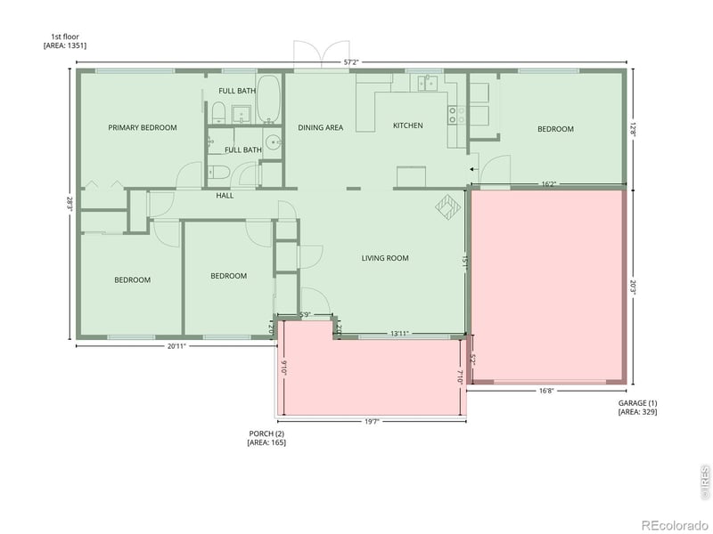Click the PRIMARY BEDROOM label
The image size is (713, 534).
coord(143,127)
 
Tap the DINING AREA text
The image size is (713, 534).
coord(321,127)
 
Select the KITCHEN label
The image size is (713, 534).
coord(408,125)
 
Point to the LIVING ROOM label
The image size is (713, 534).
coord(385,258)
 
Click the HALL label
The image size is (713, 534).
coord(225,195)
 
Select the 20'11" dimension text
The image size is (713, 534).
coord(176,345)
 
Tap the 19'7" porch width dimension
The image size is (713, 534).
coord(371,422)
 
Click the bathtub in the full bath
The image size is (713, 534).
coord(269,101)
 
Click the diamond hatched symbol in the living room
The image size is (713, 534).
coord(445,206)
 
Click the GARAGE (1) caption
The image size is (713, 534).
coord(637,403)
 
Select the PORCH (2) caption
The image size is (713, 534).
coord(266,433)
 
